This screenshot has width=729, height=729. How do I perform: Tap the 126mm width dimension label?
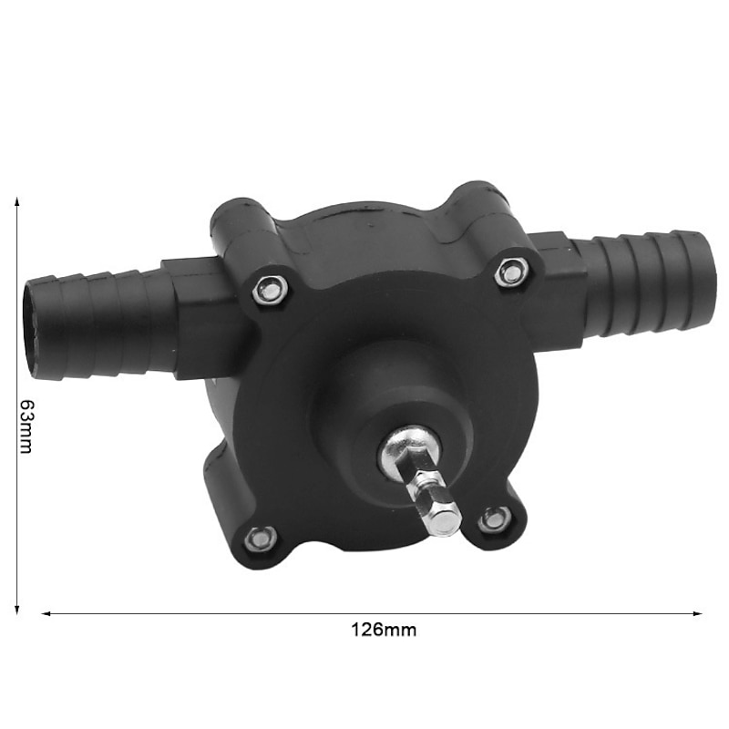(384, 629)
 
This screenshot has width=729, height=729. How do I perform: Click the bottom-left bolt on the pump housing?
(262, 538)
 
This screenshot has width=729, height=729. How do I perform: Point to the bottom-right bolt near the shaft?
(494, 519)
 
